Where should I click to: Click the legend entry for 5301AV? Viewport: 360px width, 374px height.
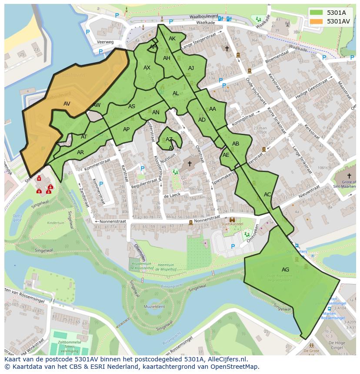pos(338,21)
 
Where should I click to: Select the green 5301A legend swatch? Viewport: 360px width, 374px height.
pos(316,12)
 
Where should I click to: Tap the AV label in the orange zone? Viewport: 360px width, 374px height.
pos(67,104)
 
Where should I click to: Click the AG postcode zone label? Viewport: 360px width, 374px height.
pos(285,270)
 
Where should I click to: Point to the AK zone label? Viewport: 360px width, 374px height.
pos(172,39)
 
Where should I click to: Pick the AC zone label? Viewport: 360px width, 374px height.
pos(267,195)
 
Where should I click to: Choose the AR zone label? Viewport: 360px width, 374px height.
pos(80,152)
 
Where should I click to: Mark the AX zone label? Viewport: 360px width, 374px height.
pos(147,68)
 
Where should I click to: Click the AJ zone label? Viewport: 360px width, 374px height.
pos(191,68)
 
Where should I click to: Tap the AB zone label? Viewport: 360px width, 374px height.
pos(236,144)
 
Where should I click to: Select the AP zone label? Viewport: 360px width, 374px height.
pos(126,129)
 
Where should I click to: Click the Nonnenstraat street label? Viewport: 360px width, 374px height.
pos(112,222)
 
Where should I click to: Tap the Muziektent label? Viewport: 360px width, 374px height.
pos(156,307)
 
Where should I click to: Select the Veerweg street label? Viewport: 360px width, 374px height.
pos(105,42)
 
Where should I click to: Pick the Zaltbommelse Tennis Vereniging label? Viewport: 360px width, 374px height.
pos(70,346)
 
